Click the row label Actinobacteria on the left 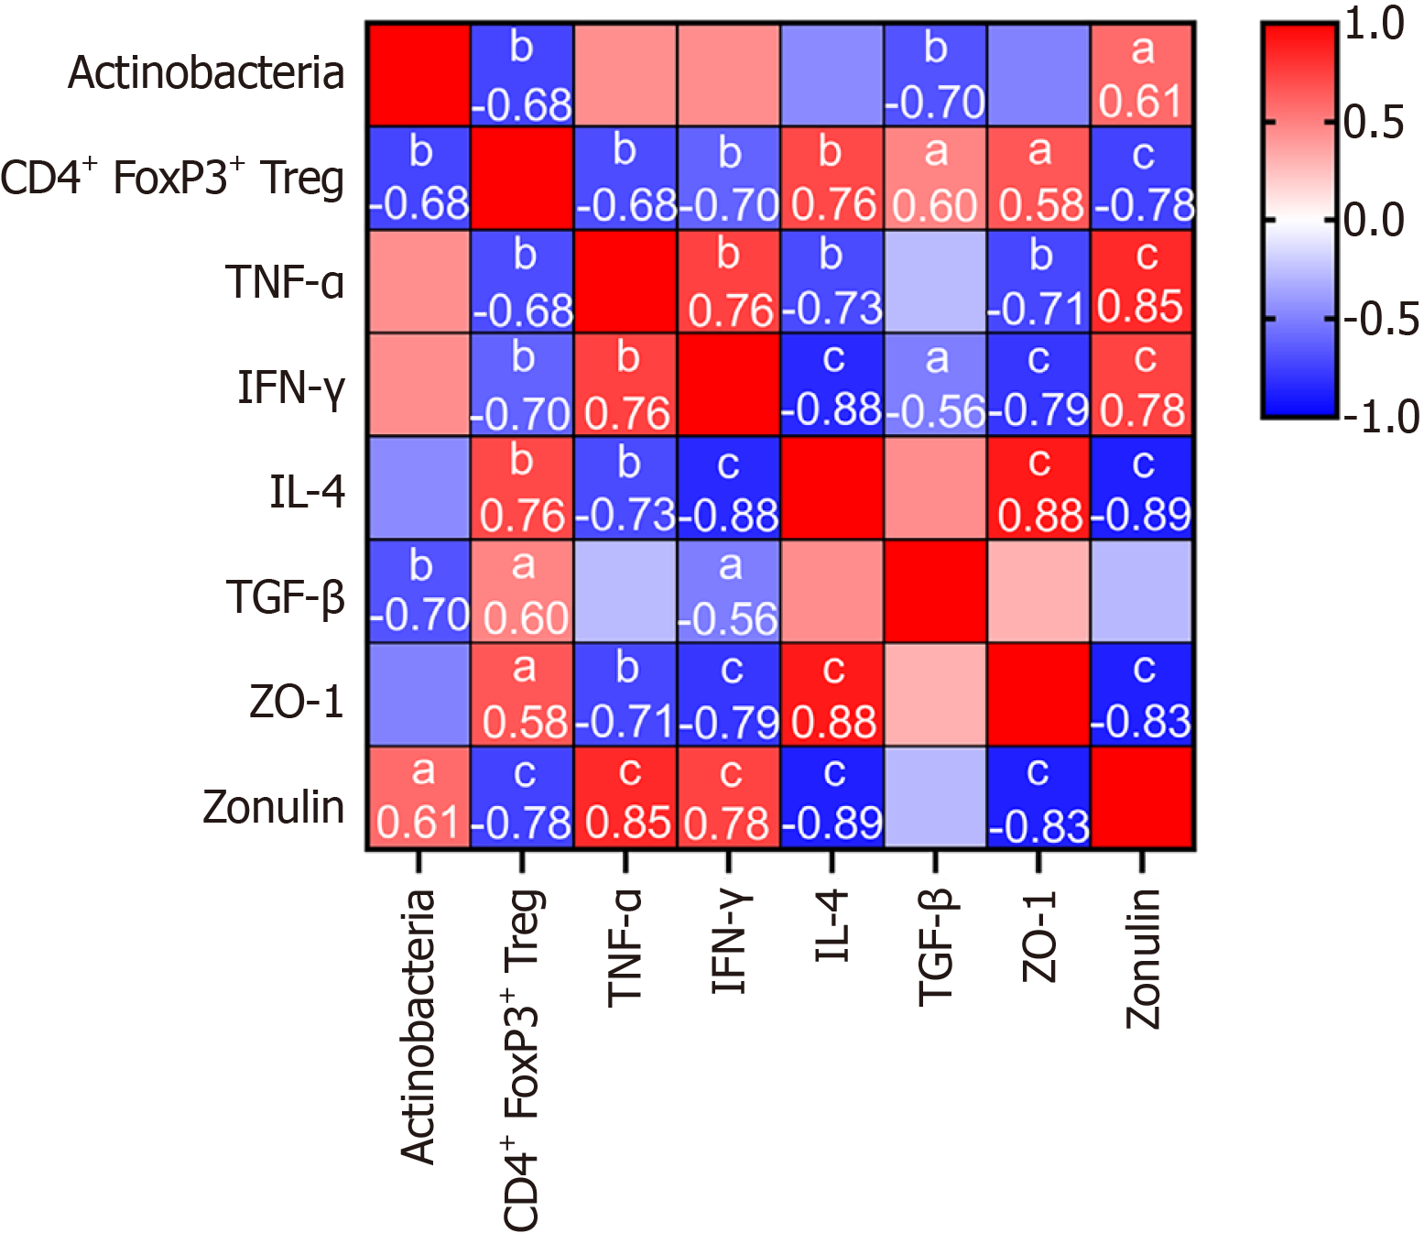pyautogui.click(x=206, y=73)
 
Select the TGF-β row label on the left pyautogui.click(x=286, y=597)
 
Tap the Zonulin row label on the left pyautogui.click(x=273, y=808)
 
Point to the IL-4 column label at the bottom pyautogui.click(x=832, y=925)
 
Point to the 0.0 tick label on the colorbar pyautogui.click(x=1374, y=221)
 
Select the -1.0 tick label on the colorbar pyautogui.click(x=1380, y=417)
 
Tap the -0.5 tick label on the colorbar pyautogui.click(x=1380, y=319)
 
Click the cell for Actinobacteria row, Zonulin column pyautogui.click(x=1142, y=75)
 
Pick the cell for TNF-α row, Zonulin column pyautogui.click(x=1142, y=282)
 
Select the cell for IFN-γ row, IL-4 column pyautogui.click(x=832, y=385)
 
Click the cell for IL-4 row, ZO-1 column pyautogui.click(x=1039, y=488)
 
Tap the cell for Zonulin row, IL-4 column pyautogui.click(x=832, y=798)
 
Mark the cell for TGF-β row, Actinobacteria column pyautogui.click(x=419, y=592)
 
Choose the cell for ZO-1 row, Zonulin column pyautogui.click(x=1142, y=694)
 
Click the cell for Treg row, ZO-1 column pyautogui.click(x=1039, y=179)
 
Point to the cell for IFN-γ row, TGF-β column pyautogui.click(x=936, y=385)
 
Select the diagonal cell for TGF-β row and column pyautogui.click(x=936, y=592)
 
